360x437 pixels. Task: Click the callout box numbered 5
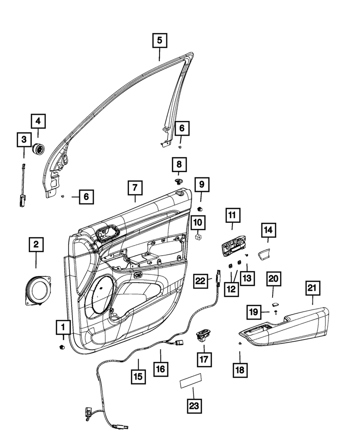point(159,41)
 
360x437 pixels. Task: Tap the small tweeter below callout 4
point(39,149)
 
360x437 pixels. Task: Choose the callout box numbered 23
point(194,406)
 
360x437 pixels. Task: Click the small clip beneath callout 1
point(62,347)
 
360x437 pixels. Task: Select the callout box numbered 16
point(161,368)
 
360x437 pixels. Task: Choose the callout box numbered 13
point(247,278)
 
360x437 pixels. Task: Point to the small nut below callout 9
point(200,208)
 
